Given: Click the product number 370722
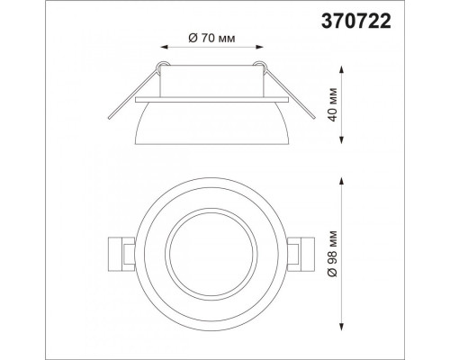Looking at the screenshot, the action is pos(356,22).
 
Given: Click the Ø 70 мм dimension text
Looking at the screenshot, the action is pos(211,39).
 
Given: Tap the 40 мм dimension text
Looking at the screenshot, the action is pos(332,104).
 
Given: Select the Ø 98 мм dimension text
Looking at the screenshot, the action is pos(332,254).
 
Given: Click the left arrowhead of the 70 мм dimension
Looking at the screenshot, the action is pos(165,47).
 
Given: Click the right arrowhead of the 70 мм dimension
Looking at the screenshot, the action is pos(259,47).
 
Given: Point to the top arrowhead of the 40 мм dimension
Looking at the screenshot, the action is pos(341,69).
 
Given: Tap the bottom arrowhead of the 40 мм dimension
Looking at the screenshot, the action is pos(341,140).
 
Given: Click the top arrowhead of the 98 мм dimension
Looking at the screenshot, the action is pos(341,181).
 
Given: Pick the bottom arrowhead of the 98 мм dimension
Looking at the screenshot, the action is pos(341,326).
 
